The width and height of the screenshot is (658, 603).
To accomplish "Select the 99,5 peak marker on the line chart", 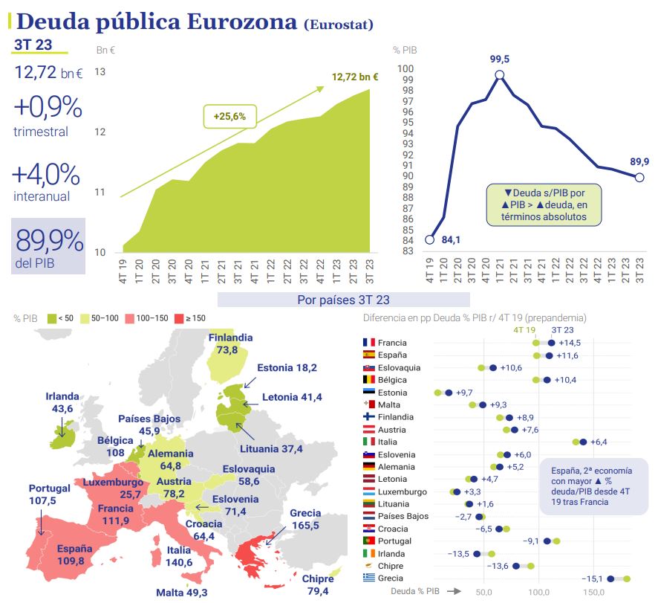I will click(500, 74).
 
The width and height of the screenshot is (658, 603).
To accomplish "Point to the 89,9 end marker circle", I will click(639, 177).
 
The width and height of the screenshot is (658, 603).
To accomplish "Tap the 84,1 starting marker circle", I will click(429, 239).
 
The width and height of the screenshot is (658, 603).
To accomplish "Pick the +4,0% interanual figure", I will click(46, 175).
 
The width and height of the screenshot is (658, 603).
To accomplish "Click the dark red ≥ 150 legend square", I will click(177, 318).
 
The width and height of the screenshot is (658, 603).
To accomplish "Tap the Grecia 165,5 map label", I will click(304, 519).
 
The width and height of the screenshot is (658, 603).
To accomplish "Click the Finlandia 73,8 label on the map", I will click(229, 344).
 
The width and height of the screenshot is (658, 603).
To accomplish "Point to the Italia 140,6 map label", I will click(179, 556).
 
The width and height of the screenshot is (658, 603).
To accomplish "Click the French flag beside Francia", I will click(368, 343).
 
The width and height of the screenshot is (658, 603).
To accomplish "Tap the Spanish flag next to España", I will click(368, 355).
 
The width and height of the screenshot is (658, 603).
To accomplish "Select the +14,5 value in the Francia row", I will click(569, 343).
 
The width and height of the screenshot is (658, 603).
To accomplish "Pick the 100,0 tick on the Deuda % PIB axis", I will click(538, 593).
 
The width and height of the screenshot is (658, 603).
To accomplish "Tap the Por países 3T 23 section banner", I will click(343, 300).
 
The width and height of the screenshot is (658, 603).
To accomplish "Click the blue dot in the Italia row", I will click(583, 442).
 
